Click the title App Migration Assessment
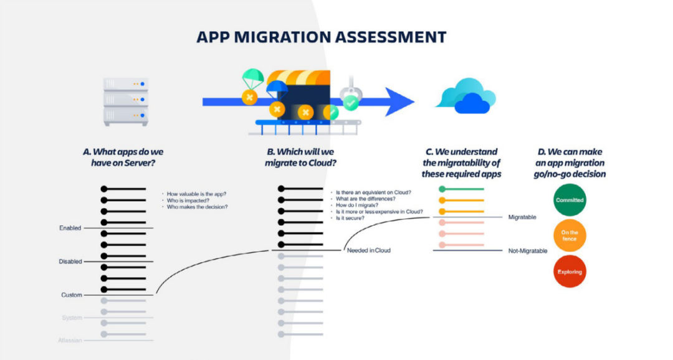[x=322, y=37]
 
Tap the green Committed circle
[x=570, y=201]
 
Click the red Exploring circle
[x=570, y=272]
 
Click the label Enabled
[x=70, y=229]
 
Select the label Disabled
[x=70, y=262]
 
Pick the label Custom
[x=72, y=295]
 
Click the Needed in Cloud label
[x=368, y=250]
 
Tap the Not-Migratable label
[x=528, y=250]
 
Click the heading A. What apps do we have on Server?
[x=123, y=157]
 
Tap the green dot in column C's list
[x=442, y=189]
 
